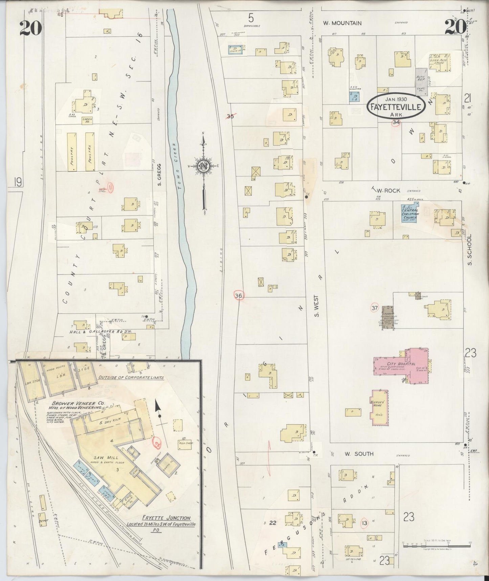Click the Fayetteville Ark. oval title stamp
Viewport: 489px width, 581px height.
[396, 106]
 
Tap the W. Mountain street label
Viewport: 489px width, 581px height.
[342, 23]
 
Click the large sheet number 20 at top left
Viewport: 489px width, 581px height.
[30, 28]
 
